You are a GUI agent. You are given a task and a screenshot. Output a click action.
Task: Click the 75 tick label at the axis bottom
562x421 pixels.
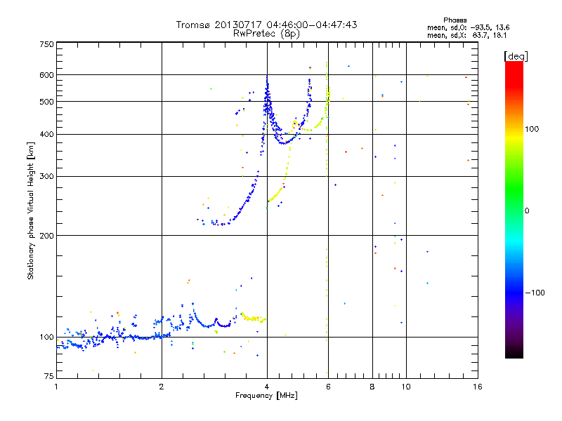point(48,377)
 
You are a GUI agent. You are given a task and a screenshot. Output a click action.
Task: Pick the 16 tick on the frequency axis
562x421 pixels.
point(478,387)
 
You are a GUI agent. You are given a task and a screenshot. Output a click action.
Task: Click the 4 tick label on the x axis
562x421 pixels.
point(267,387)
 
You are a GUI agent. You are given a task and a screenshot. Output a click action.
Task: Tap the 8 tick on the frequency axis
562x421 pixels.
point(372,387)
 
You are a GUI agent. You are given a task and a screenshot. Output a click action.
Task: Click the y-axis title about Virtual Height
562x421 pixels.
point(31,211)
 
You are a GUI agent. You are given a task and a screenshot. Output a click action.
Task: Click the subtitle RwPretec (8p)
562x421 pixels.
point(266,33)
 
